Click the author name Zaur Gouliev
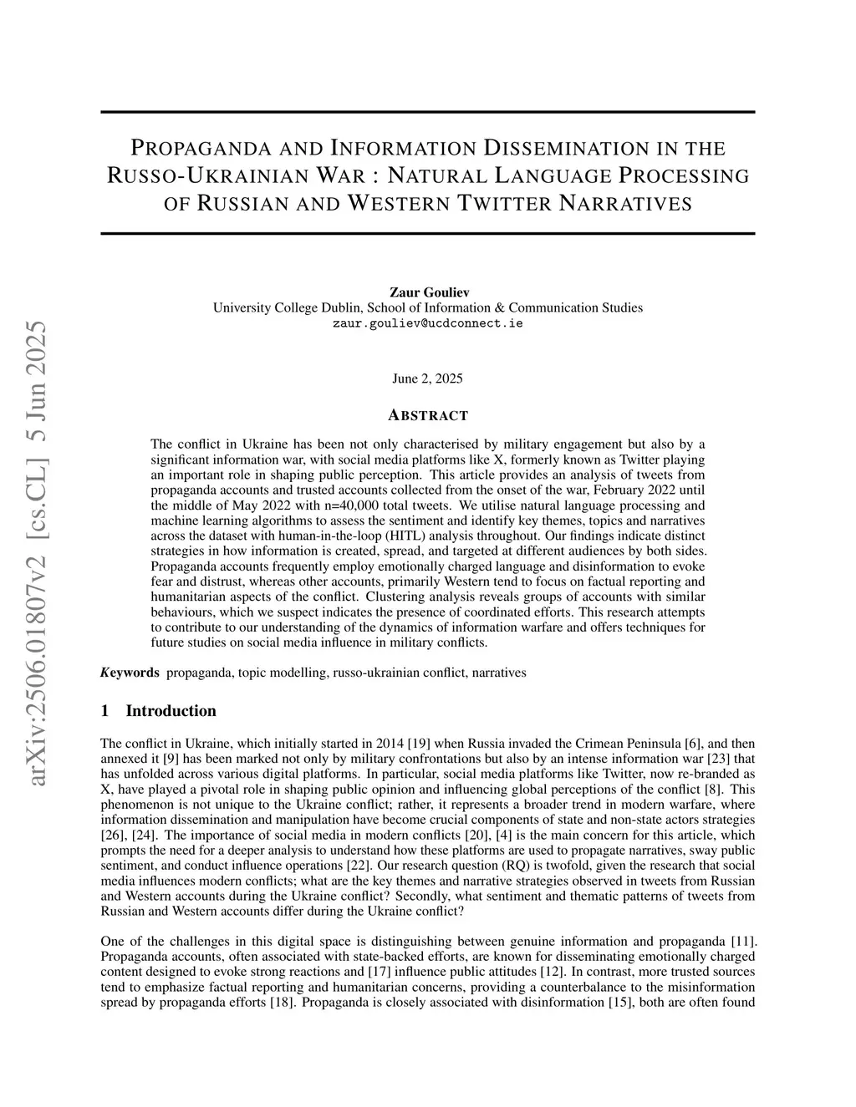point(428,292)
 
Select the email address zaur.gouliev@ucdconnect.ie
point(428,323)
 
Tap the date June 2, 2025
point(427,378)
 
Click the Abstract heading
point(428,415)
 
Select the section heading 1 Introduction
point(158,711)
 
